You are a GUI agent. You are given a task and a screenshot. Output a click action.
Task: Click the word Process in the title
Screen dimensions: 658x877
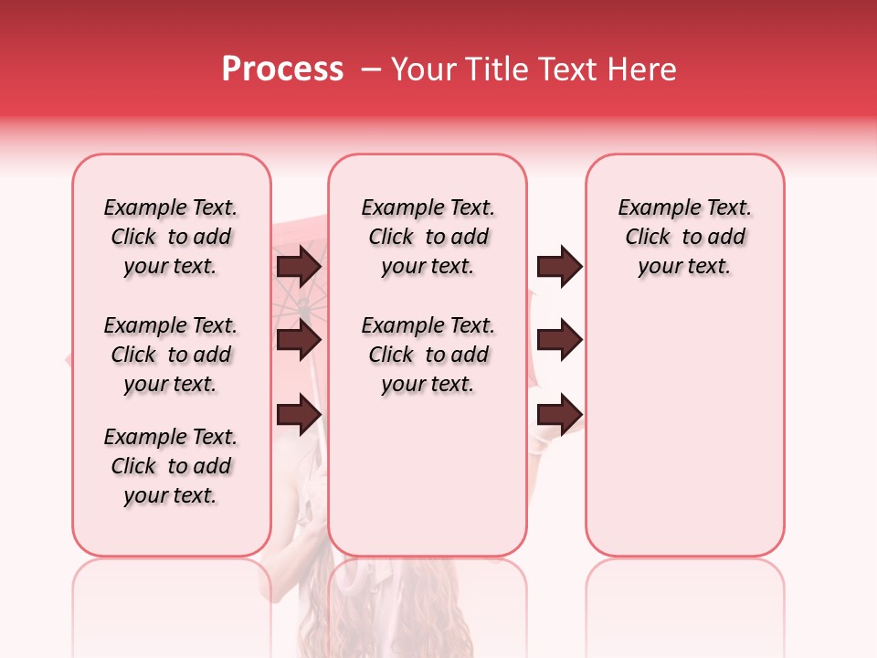[282, 69]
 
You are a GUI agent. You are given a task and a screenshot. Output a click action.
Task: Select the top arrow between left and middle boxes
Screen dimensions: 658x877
[299, 266]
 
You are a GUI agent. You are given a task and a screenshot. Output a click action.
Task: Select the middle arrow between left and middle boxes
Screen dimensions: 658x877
[299, 340]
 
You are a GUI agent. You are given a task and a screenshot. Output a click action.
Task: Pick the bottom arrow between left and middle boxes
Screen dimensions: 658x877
[299, 414]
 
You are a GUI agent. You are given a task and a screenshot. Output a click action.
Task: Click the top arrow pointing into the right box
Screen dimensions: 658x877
[559, 266]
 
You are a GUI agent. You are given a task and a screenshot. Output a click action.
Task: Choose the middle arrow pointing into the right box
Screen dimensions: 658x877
[559, 340]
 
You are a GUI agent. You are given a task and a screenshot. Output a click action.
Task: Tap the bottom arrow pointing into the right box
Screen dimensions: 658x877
[559, 414]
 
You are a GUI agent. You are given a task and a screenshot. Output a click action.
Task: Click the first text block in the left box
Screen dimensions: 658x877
[171, 237]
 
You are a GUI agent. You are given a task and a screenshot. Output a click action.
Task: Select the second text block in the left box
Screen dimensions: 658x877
[171, 355]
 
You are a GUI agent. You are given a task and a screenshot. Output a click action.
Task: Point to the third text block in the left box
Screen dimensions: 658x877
[171, 466]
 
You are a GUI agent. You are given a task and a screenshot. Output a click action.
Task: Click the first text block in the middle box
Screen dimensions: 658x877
[428, 237]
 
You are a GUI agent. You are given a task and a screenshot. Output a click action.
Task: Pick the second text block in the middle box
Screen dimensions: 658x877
[428, 355]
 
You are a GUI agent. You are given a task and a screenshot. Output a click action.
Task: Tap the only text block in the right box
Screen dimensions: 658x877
[685, 237]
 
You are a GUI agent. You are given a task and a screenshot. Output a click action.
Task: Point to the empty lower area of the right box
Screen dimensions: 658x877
[685, 430]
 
